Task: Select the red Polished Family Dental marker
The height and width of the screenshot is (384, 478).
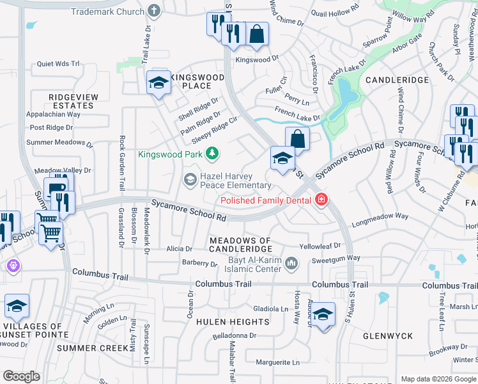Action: pos(321,200)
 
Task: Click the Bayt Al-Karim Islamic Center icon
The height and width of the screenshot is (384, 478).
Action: pos(291,264)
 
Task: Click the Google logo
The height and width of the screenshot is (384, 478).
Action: pos(21,376)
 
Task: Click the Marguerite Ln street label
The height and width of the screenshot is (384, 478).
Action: pos(277,362)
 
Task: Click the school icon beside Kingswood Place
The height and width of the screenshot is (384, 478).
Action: pos(158,83)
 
